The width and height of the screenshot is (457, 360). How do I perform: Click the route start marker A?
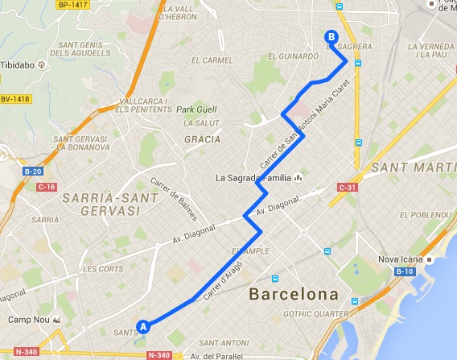coord(143,327)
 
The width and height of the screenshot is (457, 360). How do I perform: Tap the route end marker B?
coord(330,35)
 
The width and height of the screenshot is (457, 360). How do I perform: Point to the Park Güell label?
coord(197,110)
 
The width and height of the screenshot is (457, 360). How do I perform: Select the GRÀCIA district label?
coord(202,139)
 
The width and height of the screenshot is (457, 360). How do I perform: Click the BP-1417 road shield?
coord(72,4)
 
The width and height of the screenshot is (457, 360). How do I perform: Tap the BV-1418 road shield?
coord(14,99)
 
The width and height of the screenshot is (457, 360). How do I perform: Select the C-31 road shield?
coord(348,188)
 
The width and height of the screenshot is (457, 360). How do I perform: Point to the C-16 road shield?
coord(26,187)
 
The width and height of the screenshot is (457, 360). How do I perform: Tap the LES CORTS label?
coord(101,269)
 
